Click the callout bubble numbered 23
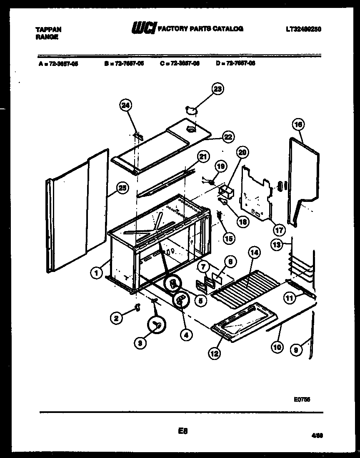(217, 88)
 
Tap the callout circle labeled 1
(96, 274)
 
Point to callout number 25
(122, 188)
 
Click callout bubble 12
(214, 354)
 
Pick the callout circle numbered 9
(296, 351)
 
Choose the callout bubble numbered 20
(243, 153)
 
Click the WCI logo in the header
(144, 28)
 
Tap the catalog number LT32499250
(304, 29)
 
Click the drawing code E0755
(302, 399)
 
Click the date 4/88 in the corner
(317, 435)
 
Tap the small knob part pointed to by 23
(191, 110)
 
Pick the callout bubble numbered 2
(117, 318)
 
